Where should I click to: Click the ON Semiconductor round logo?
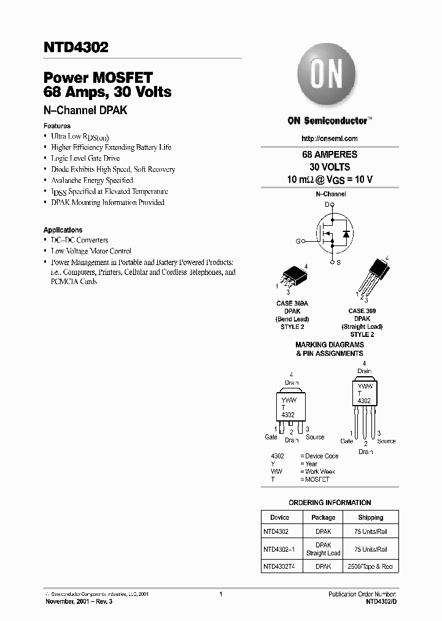pyautogui.click(x=327, y=77)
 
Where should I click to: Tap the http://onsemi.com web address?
pyautogui.click(x=330, y=139)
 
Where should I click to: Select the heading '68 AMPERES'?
pyautogui.click(x=330, y=155)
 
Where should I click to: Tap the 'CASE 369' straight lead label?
pyautogui.click(x=362, y=311)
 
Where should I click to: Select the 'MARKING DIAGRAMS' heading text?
pyautogui.click(x=329, y=345)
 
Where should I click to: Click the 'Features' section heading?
pyautogui.click(x=56, y=126)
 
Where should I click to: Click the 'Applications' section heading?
pyautogui.click(x=63, y=230)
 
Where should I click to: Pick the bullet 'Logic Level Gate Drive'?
pyautogui.click(x=85, y=158)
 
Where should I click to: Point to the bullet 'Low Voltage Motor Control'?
pyautogui.click(x=91, y=251)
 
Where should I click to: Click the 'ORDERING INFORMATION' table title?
pyautogui.click(x=330, y=503)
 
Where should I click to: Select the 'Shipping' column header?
pyautogui.click(x=370, y=517)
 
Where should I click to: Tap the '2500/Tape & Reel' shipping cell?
pyautogui.click(x=370, y=566)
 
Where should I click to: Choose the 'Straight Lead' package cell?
pyautogui.click(x=323, y=553)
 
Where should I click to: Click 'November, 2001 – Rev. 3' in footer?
pyautogui.click(x=79, y=602)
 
